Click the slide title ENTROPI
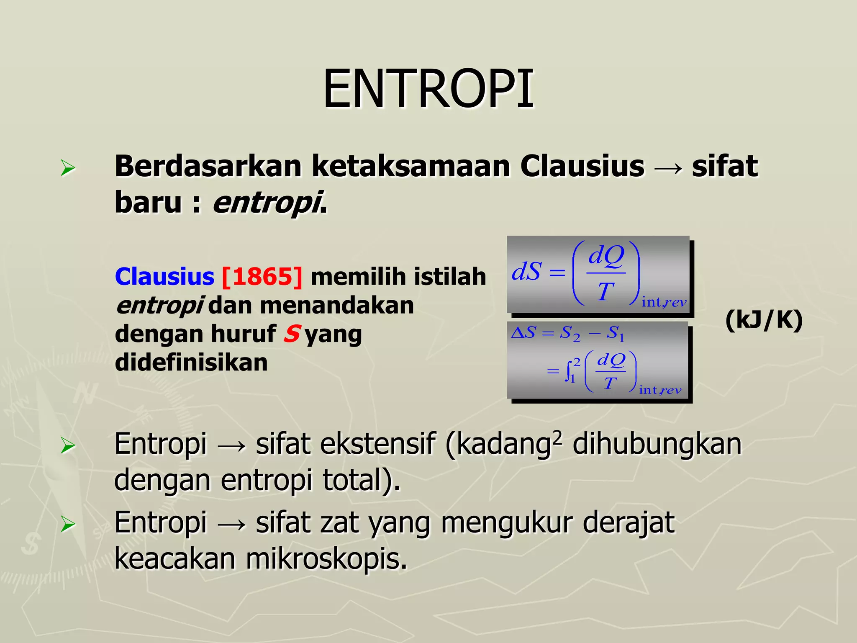428,89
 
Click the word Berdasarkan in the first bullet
208,166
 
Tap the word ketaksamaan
411,166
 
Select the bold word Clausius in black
582,166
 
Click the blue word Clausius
164,277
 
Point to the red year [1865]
262,277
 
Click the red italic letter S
292,334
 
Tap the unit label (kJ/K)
764,320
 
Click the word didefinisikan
191,362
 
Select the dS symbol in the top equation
526,271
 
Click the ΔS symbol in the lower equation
523,333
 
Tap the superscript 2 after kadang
557,437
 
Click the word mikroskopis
326,559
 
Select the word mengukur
507,523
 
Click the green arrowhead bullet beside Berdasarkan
67,168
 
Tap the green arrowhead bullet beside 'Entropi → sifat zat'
67,524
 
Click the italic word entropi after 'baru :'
267,203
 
